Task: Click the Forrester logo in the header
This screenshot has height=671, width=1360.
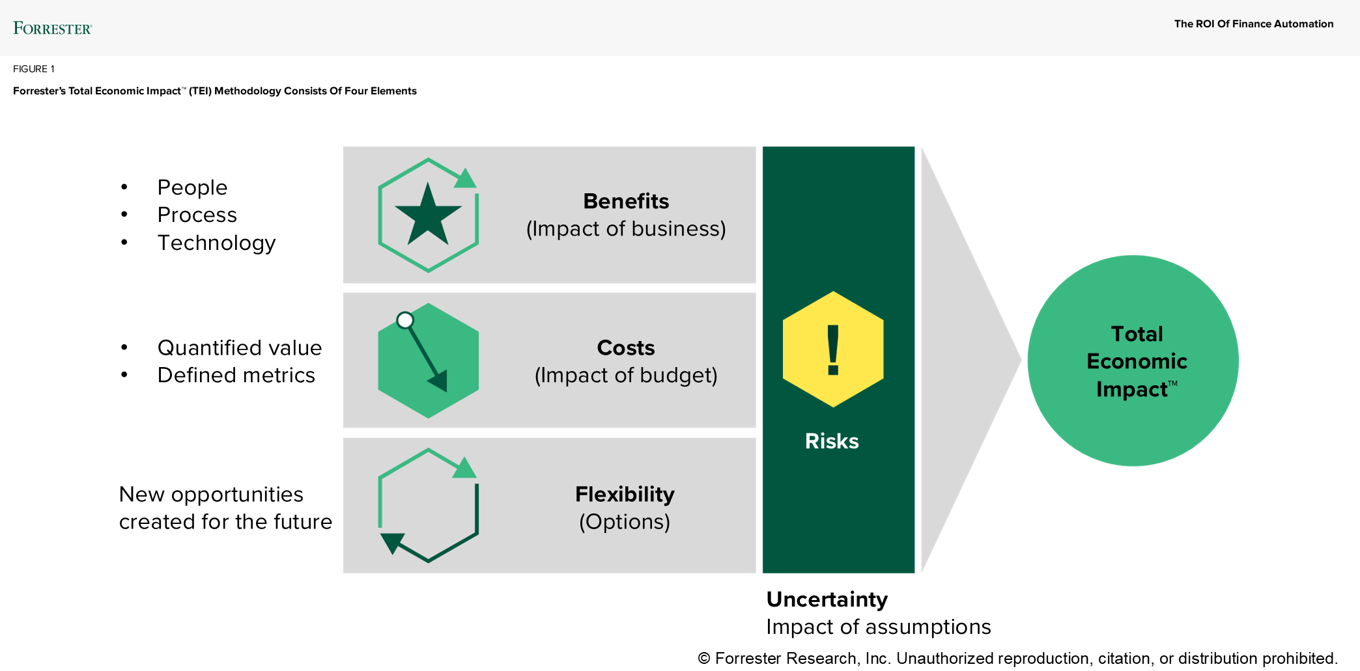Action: [x=52, y=28]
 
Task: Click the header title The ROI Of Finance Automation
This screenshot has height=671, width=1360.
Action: [x=1253, y=24]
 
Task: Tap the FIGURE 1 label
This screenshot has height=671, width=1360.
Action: [x=34, y=69]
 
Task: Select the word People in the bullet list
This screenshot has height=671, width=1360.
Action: [x=192, y=187]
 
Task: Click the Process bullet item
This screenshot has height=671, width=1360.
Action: [x=197, y=215]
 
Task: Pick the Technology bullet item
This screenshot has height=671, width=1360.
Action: [x=216, y=243]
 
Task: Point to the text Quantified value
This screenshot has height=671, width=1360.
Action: [x=239, y=348]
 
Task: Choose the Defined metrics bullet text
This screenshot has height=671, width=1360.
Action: [x=236, y=376]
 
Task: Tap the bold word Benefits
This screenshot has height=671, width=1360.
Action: [x=625, y=201]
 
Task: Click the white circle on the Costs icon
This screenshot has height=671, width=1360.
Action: [x=405, y=320]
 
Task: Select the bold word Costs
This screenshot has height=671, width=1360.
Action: [x=625, y=348]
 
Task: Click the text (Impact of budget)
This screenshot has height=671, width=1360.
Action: [x=625, y=376]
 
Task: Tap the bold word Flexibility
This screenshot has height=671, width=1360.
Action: [x=624, y=494]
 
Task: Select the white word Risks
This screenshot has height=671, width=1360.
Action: [x=832, y=441]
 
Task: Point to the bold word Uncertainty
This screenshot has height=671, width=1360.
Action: [x=827, y=599]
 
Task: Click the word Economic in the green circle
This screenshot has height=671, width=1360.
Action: [x=1137, y=361]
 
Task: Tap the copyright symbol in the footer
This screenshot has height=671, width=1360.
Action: [x=704, y=659]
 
